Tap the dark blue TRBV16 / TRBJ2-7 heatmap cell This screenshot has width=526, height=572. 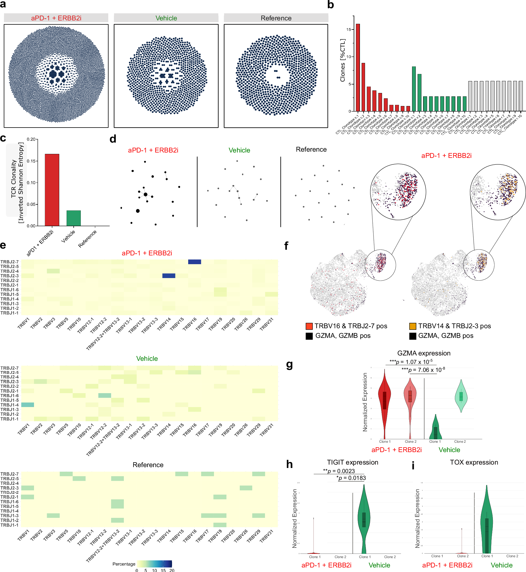(x=194, y=262)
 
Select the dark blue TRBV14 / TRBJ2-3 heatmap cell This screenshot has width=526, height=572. (x=169, y=276)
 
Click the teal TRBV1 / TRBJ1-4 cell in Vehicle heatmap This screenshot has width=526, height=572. (x=27, y=404)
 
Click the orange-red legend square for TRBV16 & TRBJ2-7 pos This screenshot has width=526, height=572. (x=309, y=326)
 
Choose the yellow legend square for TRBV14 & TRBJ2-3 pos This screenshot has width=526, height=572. (x=412, y=326)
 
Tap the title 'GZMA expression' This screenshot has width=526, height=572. (x=423, y=353)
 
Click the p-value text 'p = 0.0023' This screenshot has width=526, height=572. (x=341, y=471)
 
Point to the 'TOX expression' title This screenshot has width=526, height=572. (x=474, y=462)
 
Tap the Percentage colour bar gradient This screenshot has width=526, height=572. (x=154, y=564)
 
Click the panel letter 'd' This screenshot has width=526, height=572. (x=113, y=139)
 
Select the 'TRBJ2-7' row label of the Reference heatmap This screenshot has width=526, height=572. (x=9, y=474)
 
